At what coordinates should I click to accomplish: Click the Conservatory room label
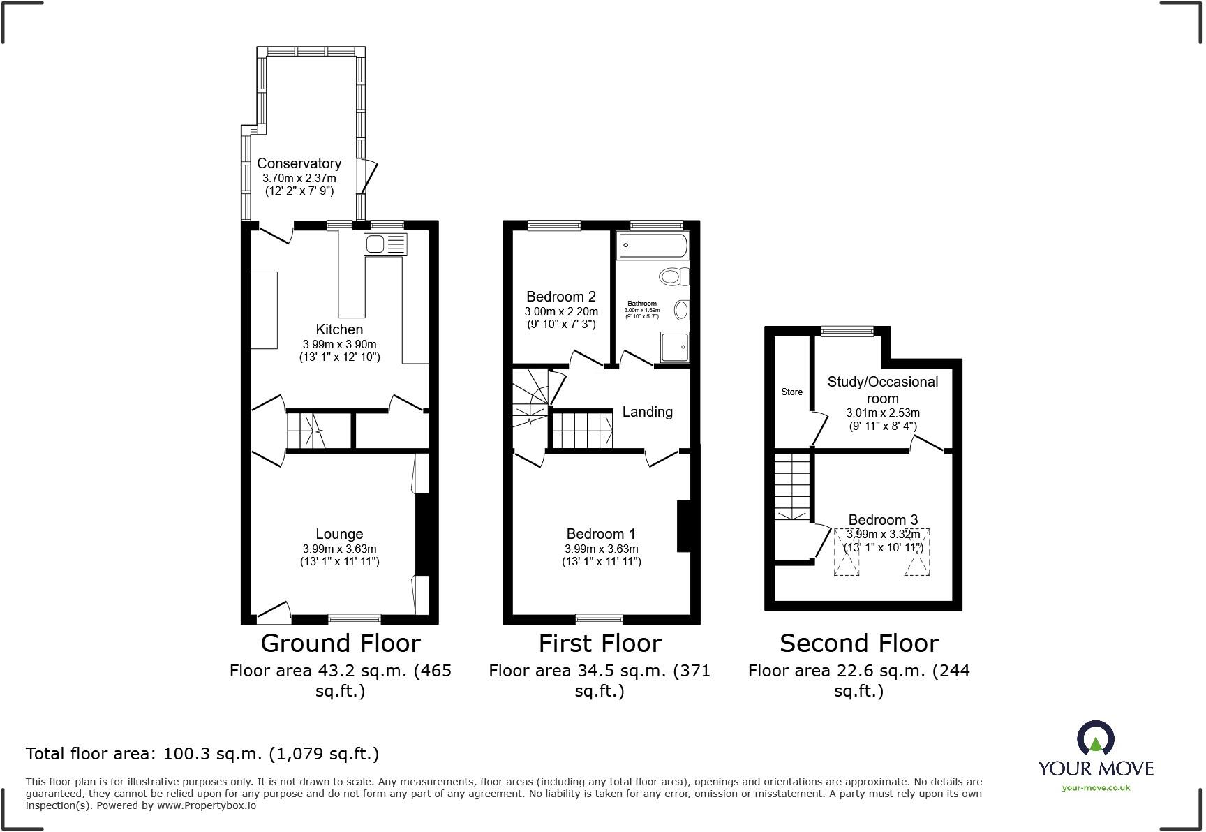coord(299,163)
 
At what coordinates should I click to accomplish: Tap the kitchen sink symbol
coord(385,244)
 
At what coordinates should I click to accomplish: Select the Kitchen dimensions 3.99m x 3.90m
coord(339,344)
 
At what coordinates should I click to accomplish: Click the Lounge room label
coord(339,534)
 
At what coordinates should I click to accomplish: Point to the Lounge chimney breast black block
coord(422,534)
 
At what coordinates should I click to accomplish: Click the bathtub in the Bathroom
coord(653,246)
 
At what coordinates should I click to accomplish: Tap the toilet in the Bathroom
coord(673,277)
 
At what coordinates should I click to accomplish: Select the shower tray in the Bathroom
coord(673,346)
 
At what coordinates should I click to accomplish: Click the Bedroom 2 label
coord(560,296)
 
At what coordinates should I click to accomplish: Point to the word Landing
coord(647,412)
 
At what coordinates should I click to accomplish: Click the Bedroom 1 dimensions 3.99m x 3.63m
coord(601,549)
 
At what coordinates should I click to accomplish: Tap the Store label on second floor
coord(791,392)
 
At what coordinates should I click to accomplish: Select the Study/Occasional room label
coord(882,389)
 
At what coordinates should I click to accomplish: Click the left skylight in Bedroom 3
coord(847,552)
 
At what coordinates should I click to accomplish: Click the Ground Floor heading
coord(341,643)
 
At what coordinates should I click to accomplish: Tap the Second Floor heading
coord(858,643)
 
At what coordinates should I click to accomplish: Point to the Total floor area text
coord(202,754)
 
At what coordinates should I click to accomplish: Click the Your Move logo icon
coord(1096,738)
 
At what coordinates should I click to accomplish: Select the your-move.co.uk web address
coord(1096,788)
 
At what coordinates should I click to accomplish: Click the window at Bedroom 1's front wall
coord(599,619)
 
